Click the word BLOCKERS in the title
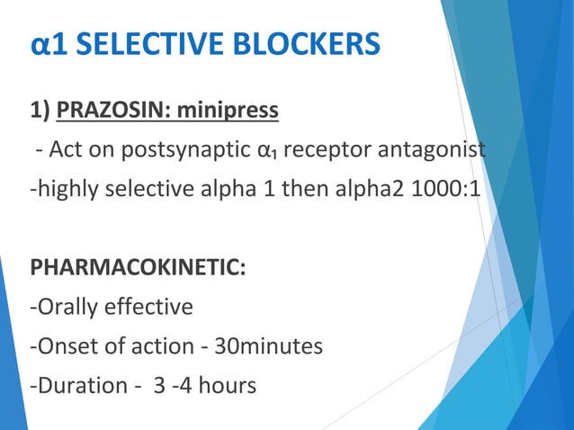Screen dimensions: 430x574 tap(308, 44)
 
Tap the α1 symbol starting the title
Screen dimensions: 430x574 tap(48, 44)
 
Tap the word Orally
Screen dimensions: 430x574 tap(66, 307)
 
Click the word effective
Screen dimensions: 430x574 tap(148, 307)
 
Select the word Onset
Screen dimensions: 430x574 tap(64, 346)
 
